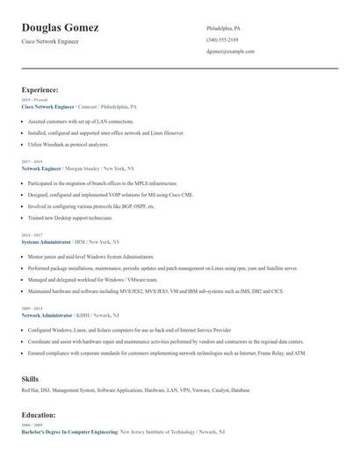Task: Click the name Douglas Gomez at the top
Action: pyautogui.click(x=60, y=28)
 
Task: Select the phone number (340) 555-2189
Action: pyautogui.click(x=222, y=39)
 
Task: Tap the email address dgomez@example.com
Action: pyautogui.click(x=230, y=51)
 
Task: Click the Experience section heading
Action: pyautogui.click(x=40, y=89)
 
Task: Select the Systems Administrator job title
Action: pyautogui.click(x=46, y=241)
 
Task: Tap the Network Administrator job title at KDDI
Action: pyautogui.click(x=47, y=313)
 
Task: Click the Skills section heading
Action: pyautogui.click(x=30, y=378)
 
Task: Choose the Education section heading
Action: pyautogui.click(x=39, y=414)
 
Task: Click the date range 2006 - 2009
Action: pyautogui.click(x=31, y=425)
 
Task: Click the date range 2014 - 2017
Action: pyautogui.click(x=31, y=235)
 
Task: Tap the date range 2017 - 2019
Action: pyautogui.click(x=31, y=161)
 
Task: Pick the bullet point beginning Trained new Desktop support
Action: pyautogui.click(x=70, y=218)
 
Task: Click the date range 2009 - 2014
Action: pyautogui.click(x=31, y=308)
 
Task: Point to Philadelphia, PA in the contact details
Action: pyautogui.click(x=223, y=28)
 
